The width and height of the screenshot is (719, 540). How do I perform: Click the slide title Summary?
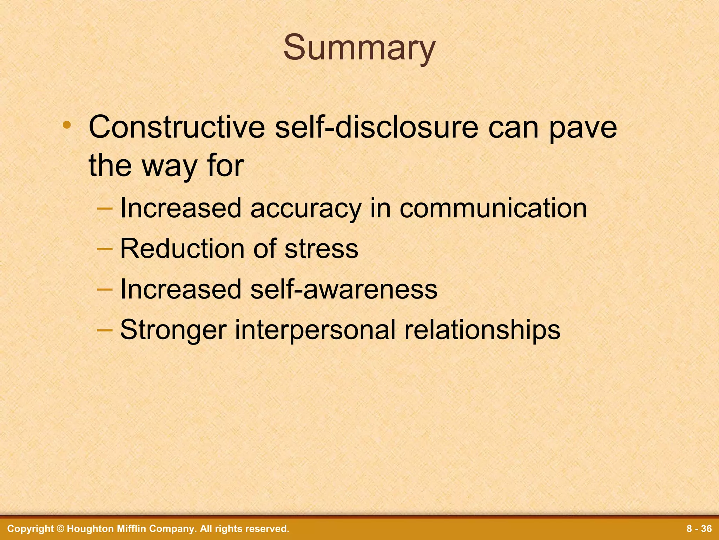[359, 48]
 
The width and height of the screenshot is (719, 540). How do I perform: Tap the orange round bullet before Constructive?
[67, 125]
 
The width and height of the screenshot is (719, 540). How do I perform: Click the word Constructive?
[177, 127]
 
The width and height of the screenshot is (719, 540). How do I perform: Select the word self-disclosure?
[376, 127]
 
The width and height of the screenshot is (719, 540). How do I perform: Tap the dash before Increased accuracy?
[105, 208]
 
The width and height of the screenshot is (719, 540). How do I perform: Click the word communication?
[493, 208]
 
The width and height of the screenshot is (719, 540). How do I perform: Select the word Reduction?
[183, 249]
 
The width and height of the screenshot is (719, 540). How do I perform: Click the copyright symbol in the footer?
[60, 529]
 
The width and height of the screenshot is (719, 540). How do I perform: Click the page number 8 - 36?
[699, 529]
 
